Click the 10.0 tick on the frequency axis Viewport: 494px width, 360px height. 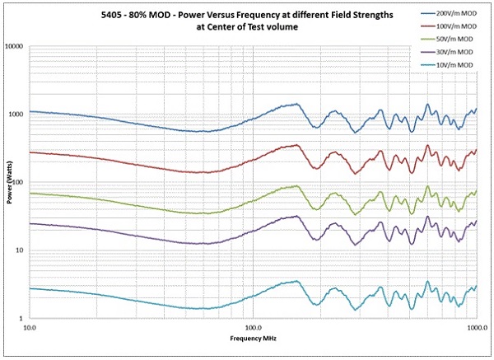click(x=30, y=327)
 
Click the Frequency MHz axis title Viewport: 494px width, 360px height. click(x=252, y=339)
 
